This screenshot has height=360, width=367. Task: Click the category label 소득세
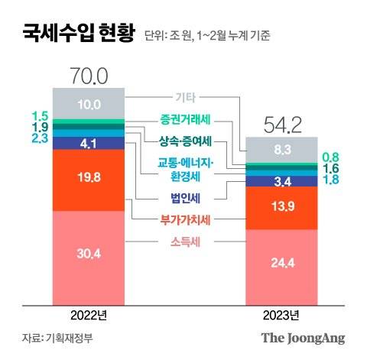pos(186,243)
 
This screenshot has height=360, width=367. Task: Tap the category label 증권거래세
pos(186,119)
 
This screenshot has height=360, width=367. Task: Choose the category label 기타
pos(186,98)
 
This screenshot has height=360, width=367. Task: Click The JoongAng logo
pos(303,338)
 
